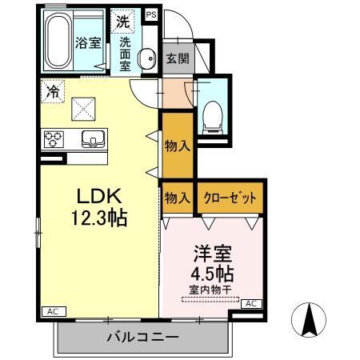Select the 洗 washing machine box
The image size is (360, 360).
coord(122,21)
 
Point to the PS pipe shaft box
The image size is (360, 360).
coord(152,14)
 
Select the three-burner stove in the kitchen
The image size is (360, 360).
coord(54,139)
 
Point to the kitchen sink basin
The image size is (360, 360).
coord(94,139)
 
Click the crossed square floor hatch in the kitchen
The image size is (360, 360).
coord(83,108)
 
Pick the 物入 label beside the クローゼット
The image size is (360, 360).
coord(177,198)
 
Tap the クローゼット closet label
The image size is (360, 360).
coord(230,198)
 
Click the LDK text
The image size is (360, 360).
coord(98,196)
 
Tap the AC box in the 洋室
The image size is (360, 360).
coord(250,303)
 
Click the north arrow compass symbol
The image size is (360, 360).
coord(311,322)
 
